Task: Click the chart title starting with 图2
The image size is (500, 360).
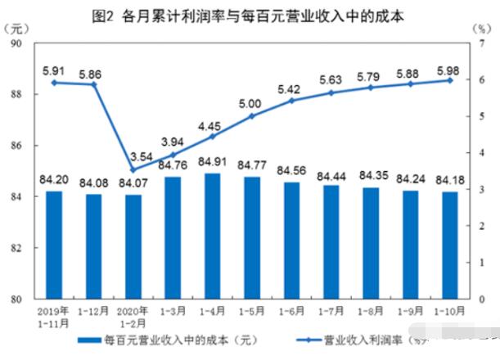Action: tap(250, 16)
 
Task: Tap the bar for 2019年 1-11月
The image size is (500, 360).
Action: tap(54, 244)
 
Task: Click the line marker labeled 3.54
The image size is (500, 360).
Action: tap(133, 169)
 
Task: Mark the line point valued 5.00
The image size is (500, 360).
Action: tap(252, 116)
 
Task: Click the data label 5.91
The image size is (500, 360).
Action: tap(54, 70)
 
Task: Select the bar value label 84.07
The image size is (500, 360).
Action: tap(131, 182)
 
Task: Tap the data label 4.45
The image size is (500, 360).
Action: tap(212, 125)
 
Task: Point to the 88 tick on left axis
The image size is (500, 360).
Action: tap(16, 95)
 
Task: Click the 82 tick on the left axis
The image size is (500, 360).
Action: tap(16, 248)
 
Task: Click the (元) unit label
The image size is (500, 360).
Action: tap(16, 29)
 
